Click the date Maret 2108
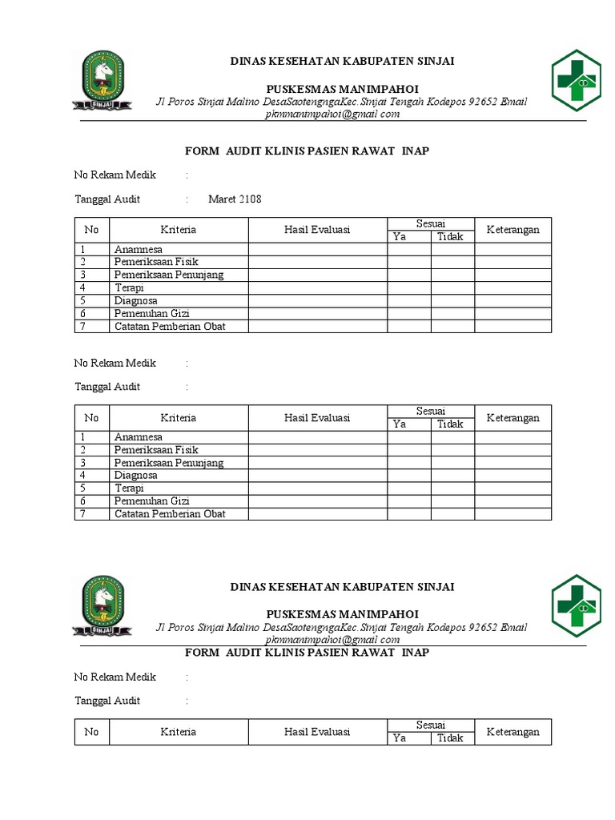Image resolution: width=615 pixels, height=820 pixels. tap(235, 199)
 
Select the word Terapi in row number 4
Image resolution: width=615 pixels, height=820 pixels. tap(130, 287)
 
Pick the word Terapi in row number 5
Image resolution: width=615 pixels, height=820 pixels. tap(130, 488)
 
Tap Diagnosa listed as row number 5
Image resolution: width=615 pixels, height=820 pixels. tap(135, 300)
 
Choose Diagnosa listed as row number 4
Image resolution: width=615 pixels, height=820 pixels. tap(135, 475)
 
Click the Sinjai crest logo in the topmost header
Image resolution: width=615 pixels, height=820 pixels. tap(101, 82)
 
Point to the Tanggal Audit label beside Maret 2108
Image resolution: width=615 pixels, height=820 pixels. tap(107, 199)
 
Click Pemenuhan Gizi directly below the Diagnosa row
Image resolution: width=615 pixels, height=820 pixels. tap(151, 313)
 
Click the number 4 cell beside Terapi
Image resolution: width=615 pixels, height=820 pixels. tap(82, 287)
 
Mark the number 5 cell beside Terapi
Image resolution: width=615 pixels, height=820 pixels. tap(82, 488)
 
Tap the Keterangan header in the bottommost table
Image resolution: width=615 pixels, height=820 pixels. tap(512, 732)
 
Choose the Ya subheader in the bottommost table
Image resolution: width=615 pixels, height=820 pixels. tap(399, 738)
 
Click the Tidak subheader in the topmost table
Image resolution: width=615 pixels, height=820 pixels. tap(450, 236)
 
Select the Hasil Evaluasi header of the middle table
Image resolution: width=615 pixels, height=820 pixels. tap(317, 418)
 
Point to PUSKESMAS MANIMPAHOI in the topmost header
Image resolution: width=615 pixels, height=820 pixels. tap(342, 88)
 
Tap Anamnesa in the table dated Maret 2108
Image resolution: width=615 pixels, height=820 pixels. tap(138, 249)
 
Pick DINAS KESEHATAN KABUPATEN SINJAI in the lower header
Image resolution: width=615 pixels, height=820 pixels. tap(342, 587)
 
